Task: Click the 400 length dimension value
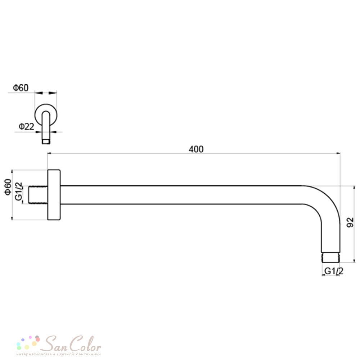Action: pyautogui.click(x=196, y=149)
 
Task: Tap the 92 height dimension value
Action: pyautogui.click(x=350, y=222)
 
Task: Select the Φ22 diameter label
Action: pyautogui.click(x=26, y=126)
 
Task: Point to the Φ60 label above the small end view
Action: pyautogui.click(x=21, y=88)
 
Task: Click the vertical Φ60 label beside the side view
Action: pyautogui.click(x=8, y=187)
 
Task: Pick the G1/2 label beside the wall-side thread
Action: pyautogui.click(x=19, y=191)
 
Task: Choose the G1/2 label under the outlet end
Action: pyautogui.click(x=334, y=271)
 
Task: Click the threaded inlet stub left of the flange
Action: pyautogui.click(x=38, y=195)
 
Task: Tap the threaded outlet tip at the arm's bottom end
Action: pyautogui.click(x=331, y=257)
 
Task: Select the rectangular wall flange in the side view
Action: pyautogui.click(x=54, y=195)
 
